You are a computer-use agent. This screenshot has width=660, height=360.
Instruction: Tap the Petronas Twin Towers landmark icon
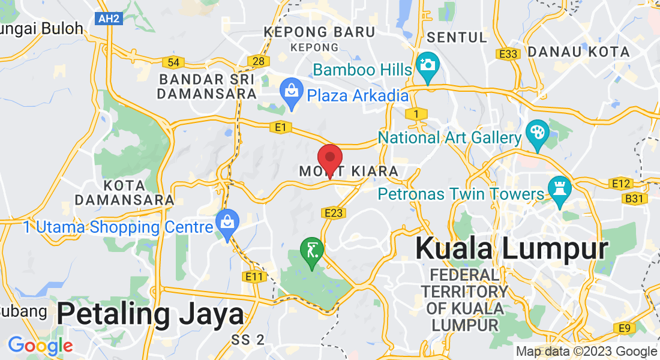point(559,191)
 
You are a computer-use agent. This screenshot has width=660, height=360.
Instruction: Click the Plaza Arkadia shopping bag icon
point(292,93)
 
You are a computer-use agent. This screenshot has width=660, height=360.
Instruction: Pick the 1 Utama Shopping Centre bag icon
point(227,223)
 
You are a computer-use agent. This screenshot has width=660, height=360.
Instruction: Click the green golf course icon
point(312,250)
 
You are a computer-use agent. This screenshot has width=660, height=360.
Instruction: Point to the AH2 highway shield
point(109,19)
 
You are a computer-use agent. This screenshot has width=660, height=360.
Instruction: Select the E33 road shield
point(508,54)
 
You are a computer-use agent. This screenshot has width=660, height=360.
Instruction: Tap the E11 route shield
point(255,277)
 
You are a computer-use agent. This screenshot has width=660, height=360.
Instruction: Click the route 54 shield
point(173,62)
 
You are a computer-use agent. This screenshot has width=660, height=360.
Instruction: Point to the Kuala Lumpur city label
point(512,248)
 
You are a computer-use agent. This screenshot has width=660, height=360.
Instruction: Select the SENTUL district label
point(457,37)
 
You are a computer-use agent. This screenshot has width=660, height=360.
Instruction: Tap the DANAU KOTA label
point(579,52)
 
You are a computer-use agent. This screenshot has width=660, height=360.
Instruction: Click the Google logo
point(40,346)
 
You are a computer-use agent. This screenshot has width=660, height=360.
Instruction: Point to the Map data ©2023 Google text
point(587,352)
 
